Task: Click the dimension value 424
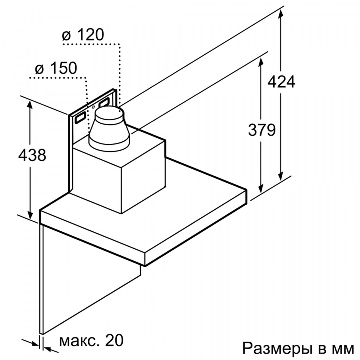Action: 281,82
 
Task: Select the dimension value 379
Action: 262,130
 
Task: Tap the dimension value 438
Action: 32,155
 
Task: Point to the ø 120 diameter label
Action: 83,34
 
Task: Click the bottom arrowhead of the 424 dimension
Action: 280,176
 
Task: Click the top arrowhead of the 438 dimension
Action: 30,105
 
